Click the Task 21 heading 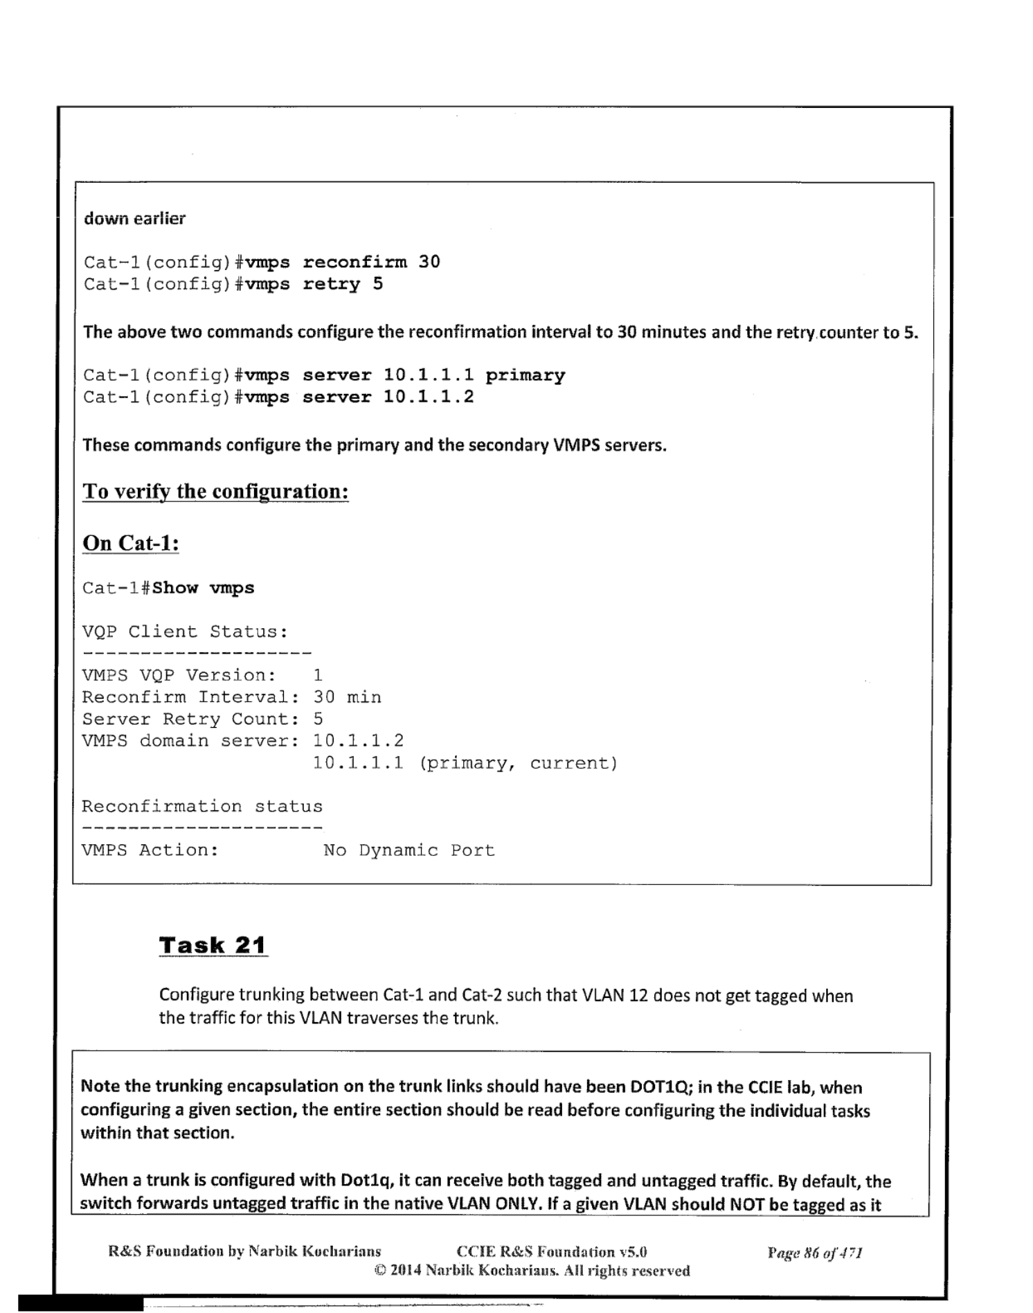[213, 945]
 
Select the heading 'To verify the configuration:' [215, 491]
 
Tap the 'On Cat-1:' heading [131, 543]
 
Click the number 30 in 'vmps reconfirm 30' [429, 262]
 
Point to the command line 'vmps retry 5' [233, 284]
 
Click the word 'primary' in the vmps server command [525, 375]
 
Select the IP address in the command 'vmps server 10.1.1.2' [429, 398]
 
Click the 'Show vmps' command [203, 588]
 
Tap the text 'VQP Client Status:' [185, 632]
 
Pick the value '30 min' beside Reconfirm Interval [347, 697]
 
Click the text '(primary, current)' [518, 763]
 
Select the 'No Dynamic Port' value [409, 850]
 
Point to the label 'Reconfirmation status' [202, 807]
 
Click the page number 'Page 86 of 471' [814, 1252]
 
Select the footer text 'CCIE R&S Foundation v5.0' [552, 1252]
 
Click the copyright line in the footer [532, 1271]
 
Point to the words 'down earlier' [135, 219]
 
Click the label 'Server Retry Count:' [190, 719]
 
